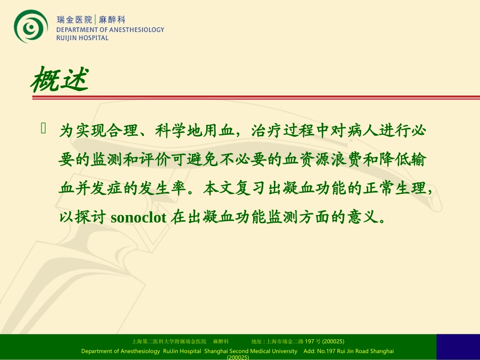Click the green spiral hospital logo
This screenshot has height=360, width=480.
click(x=31, y=26)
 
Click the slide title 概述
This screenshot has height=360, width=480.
click(x=60, y=80)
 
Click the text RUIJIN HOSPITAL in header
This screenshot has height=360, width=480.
click(x=82, y=38)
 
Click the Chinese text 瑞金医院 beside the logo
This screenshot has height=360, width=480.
click(x=74, y=20)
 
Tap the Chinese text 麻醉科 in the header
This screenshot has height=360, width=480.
click(x=111, y=20)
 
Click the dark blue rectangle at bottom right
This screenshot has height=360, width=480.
click(x=458, y=346)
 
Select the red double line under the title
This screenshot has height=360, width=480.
click(x=256, y=96)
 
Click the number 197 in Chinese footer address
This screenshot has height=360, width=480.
click(x=308, y=341)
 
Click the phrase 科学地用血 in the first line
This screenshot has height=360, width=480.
click(x=191, y=132)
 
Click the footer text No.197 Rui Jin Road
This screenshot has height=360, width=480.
click(x=347, y=351)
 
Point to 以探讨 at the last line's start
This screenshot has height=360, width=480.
click(x=82, y=218)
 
